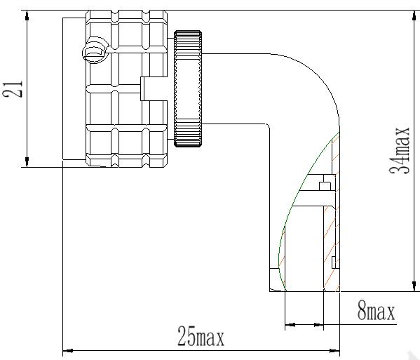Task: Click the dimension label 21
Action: pyautogui.click(x=13, y=88)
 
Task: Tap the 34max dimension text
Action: pyautogui.click(x=400, y=150)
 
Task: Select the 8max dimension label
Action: pyautogui.click(x=376, y=312)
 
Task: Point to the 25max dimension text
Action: pyautogui.click(x=201, y=336)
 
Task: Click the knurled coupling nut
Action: pyautogui.click(x=188, y=88)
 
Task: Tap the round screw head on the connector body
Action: pyautogui.click(x=94, y=51)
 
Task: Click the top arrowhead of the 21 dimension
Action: pyautogui.click(x=27, y=15)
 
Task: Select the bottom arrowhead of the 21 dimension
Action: pyautogui.click(x=27, y=162)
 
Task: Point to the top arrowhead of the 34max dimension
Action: pyautogui.click(x=415, y=15)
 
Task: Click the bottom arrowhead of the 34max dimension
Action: pyautogui.click(x=415, y=286)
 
